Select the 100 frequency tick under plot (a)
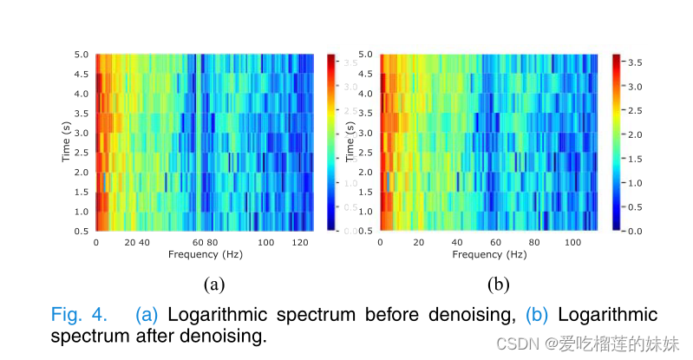266,242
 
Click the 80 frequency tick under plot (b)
534,242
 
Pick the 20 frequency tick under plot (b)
419,242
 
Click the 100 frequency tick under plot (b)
572,242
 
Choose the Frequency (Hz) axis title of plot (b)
488,255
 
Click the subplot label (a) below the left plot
214,284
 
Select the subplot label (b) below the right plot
498,284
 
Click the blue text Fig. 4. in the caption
80,314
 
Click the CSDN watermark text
521,344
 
